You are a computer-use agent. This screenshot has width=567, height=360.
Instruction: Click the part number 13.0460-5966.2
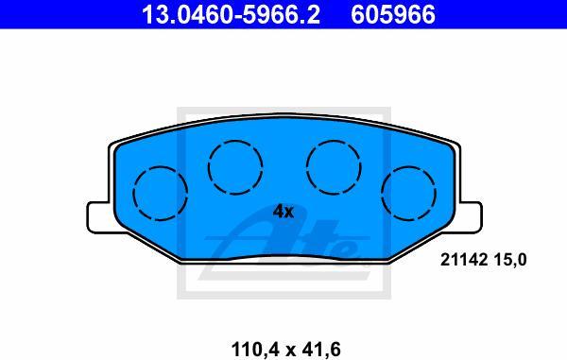point(231,14)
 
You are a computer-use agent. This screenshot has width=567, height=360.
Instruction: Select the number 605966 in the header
point(393,14)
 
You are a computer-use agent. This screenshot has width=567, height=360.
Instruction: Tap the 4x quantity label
point(283,212)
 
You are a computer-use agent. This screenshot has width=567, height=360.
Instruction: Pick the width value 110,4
point(255,350)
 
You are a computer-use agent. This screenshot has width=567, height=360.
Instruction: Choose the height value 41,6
point(318,350)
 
